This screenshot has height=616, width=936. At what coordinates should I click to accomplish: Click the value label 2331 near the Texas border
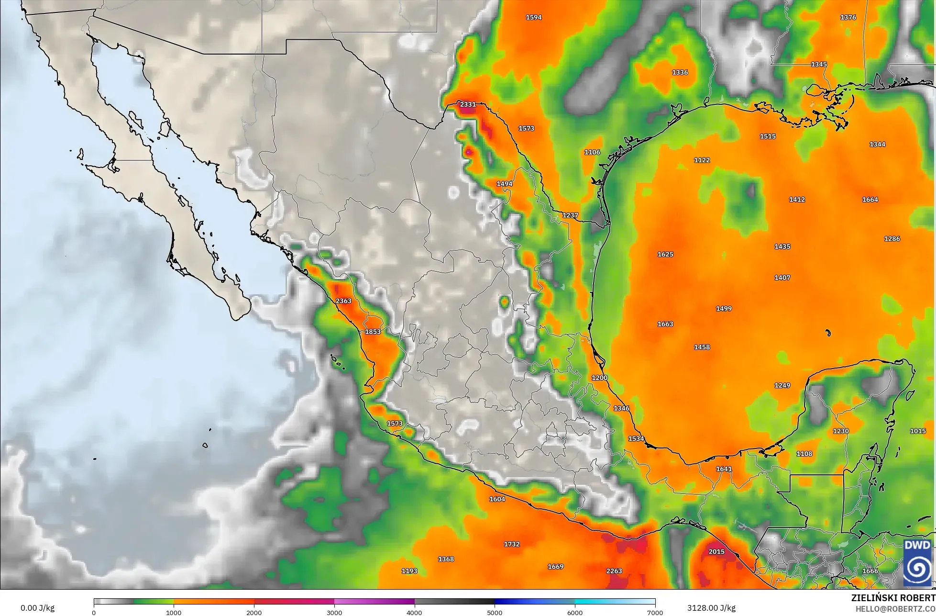[x=468, y=104]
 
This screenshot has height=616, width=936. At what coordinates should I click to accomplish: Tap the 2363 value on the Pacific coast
[x=343, y=301]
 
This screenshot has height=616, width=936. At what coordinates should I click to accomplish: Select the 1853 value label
[x=373, y=332]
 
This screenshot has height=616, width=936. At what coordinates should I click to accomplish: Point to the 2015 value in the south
[x=716, y=552]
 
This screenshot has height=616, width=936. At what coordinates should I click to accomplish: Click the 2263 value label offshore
[x=614, y=571]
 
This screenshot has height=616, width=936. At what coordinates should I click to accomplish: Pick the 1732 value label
[x=511, y=544]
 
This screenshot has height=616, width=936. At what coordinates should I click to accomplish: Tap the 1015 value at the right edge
[x=917, y=431]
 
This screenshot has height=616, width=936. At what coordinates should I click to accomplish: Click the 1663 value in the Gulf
[x=665, y=324]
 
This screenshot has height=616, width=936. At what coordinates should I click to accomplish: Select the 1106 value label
[x=592, y=152]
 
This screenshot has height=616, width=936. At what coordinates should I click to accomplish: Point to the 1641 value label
[x=724, y=469]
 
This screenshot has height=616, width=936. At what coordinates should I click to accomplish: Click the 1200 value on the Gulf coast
[x=599, y=378]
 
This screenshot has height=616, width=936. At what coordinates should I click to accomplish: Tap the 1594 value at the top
[x=533, y=17]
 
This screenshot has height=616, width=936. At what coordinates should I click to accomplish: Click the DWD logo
[x=917, y=563]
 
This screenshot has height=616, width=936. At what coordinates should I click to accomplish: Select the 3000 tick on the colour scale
[x=334, y=612]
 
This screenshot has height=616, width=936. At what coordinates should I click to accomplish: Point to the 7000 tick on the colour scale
[x=655, y=612]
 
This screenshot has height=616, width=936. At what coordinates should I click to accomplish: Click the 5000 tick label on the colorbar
[x=495, y=612]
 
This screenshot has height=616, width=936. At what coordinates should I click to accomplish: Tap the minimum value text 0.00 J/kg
[x=37, y=608]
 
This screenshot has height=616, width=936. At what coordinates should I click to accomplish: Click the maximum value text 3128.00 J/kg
[x=711, y=608]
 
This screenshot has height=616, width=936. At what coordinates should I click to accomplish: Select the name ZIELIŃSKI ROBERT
[x=893, y=598]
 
